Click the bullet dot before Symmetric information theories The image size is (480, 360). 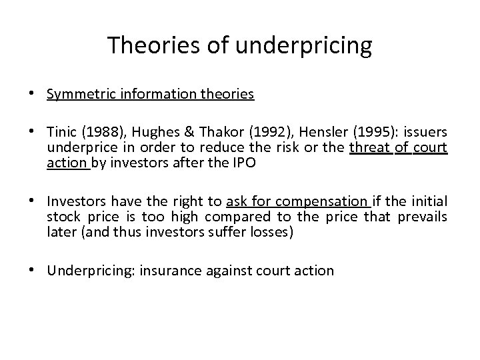[35, 94]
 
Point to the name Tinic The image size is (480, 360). [63, 132]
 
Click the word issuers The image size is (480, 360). [425, 132]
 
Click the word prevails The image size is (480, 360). [423, 217]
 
